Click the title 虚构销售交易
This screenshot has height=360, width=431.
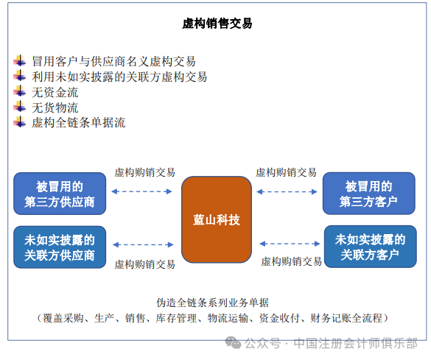(217, 24)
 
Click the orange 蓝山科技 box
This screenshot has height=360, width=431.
(217, 219)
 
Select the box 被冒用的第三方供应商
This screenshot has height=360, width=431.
(59, 194)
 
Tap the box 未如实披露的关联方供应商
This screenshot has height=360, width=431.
(59, 247)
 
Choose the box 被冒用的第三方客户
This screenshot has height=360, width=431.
(368, 194)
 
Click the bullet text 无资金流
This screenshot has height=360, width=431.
(55, 92)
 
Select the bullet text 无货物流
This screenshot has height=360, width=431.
(55, 107)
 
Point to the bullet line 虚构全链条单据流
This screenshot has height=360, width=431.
(78, 123)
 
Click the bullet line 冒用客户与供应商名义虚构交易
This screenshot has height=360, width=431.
(113, 61)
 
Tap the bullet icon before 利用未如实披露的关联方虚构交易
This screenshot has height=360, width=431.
(20, 76)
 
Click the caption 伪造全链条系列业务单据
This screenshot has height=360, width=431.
(213, 302)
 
